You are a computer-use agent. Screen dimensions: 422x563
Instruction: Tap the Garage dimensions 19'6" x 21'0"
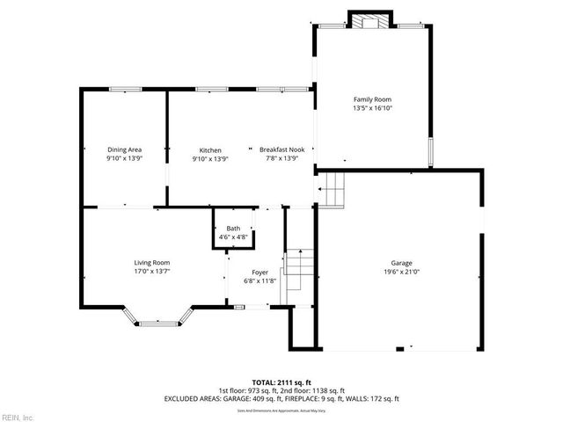point(401,273)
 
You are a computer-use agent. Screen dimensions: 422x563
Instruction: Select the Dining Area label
point(124,150)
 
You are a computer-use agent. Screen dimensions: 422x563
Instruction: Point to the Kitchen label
point(209,150)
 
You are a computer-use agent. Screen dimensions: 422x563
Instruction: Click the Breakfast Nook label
point(281,150)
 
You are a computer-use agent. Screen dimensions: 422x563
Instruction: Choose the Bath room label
point(232,229)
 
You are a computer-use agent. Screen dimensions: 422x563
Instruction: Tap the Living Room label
point(151,263)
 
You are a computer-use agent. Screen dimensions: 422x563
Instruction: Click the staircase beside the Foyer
point(299,268)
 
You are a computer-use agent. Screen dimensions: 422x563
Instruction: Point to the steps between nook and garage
point(333,187)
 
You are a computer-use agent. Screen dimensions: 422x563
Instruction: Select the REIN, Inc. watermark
point(18,416)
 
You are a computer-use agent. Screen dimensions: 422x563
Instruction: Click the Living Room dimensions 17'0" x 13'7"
point(151,272)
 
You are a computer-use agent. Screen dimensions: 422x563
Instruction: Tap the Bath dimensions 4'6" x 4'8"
point(232,236)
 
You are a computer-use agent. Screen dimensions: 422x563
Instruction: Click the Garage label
point(401,264)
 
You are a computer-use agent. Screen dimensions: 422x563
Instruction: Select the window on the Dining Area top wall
point(125,89)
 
